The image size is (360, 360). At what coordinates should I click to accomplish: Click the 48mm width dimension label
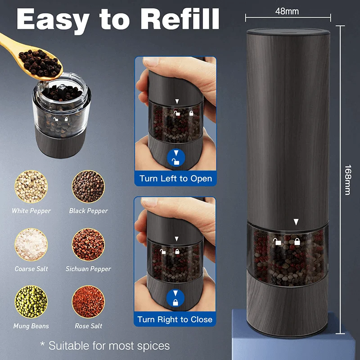(x=287, y=11)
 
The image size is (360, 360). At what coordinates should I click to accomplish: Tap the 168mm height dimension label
(x=348, y=180)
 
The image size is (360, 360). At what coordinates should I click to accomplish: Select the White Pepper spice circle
(x=31, y=186)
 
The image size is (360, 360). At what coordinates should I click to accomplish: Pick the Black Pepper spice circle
(x=88, y=186)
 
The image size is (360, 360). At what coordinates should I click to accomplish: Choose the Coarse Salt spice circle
(x=31, y=244)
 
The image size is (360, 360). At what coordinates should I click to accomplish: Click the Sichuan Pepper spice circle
(x=88, y=244)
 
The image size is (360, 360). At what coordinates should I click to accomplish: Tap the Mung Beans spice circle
(x=31, y=301)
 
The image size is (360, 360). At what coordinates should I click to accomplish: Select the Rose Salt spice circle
(x=88, y=301)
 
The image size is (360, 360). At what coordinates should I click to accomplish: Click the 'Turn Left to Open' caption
(x=175, y=178)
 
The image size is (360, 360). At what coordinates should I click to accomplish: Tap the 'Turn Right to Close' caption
(x=175, y=319)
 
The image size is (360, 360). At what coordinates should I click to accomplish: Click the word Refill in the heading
(x=180, y=19)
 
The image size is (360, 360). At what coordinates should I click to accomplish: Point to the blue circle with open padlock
(x=176, y=158)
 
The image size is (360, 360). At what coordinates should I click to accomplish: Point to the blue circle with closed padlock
(x=175, y=298)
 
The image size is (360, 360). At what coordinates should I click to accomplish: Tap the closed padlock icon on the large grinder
(x=297, y=242)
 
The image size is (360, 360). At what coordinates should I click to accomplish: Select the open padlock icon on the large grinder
(x=277, y=242)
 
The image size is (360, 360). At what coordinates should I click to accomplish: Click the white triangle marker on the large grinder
(x=296, y=222)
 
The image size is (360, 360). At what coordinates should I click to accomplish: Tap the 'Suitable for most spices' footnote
(x=105, y=346)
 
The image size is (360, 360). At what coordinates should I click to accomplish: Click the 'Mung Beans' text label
(x=31, y=326)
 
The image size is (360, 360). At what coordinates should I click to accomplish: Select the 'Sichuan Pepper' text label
(x=88, y=269)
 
